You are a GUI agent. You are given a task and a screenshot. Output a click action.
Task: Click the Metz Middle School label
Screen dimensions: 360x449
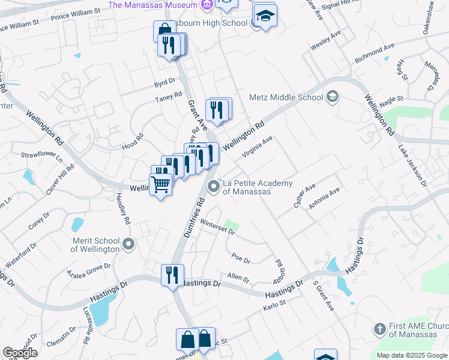[286, 97]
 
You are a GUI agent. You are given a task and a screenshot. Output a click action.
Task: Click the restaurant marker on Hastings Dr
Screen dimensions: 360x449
[172, 275]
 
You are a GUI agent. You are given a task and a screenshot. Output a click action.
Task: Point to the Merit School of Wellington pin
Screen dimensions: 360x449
[128, 244]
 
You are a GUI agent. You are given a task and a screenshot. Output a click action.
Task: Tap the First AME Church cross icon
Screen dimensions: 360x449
[379, 329]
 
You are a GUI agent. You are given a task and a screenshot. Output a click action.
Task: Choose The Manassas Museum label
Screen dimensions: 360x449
[152, 5]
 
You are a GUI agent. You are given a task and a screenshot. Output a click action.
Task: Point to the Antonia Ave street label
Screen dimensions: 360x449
[324, 199]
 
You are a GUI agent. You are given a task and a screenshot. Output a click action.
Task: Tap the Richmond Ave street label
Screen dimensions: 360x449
[374, 53]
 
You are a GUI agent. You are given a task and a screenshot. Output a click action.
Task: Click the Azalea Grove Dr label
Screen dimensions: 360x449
[90, 269]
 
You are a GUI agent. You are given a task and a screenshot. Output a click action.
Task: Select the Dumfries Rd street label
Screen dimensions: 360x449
[194, 220]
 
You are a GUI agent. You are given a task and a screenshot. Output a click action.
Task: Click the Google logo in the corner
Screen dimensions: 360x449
[20, 353]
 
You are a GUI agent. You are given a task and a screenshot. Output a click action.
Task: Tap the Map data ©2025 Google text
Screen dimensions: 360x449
[411, 355]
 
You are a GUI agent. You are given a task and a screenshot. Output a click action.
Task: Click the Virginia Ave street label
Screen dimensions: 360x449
[257, 146]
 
